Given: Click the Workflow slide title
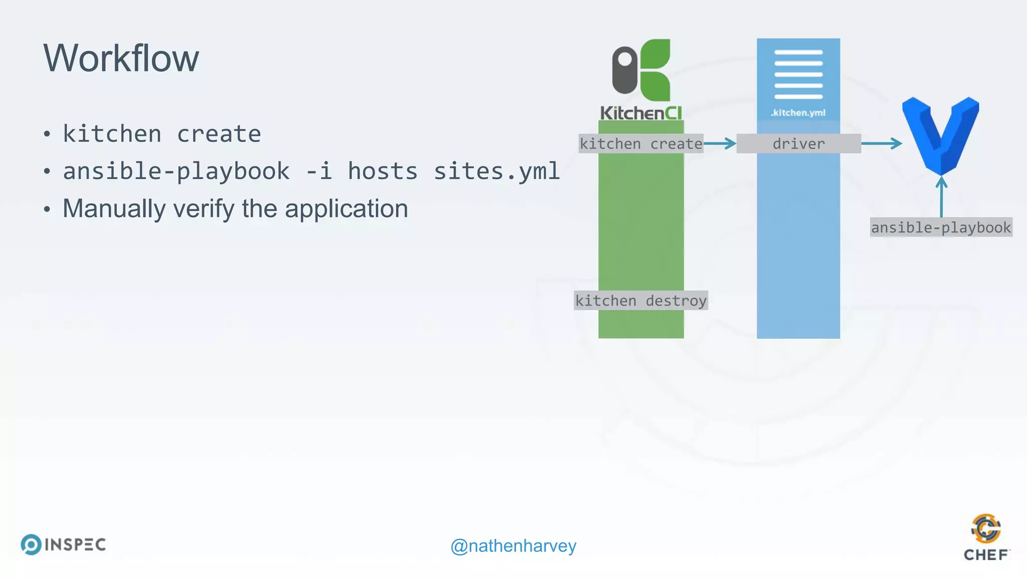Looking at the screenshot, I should (121, 58).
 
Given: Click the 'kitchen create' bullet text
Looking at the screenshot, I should (161, 134).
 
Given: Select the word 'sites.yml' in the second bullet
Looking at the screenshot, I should (496, 172).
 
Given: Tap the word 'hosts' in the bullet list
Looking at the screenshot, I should (382, 172).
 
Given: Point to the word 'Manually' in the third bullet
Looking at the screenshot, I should (114, 209).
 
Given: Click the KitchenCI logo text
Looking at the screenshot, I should (641, 113).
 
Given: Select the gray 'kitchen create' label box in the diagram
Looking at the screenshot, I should (641, 143).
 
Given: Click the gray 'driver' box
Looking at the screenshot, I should (798, 143).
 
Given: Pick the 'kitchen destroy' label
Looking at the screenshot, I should (641, 301).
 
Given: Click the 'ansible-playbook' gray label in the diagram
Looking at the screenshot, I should (941, 227).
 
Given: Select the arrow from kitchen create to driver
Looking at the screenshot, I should (720, 143).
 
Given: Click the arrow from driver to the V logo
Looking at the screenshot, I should (882, 143).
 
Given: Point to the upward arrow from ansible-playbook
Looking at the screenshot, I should (941, 197).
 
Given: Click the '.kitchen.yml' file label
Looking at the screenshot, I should (798, 113).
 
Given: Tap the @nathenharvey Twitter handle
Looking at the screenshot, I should (513, 546).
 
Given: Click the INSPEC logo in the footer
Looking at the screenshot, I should (64, 544).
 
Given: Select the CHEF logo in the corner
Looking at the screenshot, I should (986, 537).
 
